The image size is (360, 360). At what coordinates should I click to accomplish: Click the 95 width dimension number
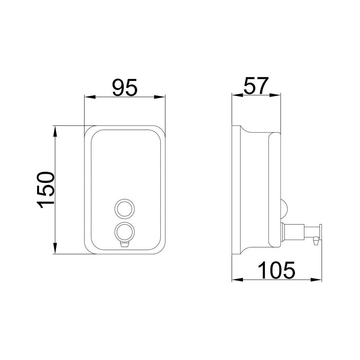125,87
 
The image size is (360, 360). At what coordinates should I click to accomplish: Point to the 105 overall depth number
276,270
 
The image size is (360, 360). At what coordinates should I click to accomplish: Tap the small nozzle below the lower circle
124,244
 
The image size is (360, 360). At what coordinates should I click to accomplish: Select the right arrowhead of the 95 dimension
159,97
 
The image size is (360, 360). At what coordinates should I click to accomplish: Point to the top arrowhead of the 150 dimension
55,132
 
